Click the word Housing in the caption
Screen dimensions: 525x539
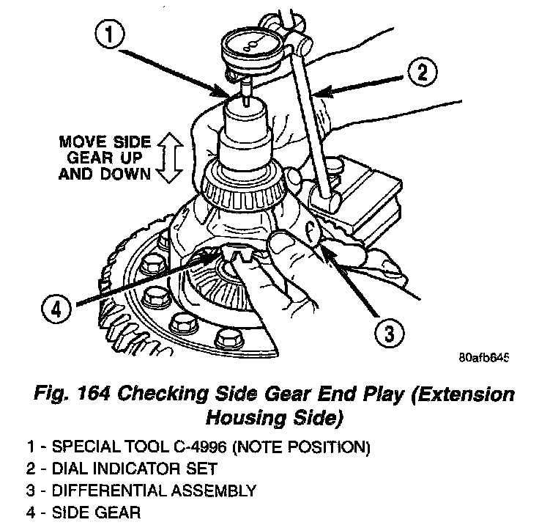tap(242, 417)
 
